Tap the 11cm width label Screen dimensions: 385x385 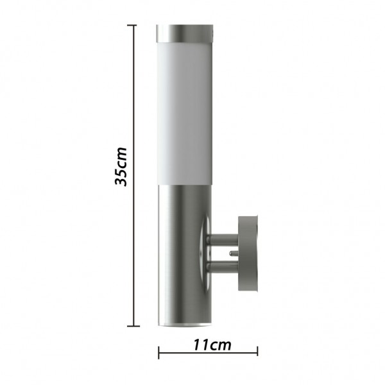pyautogui.click(x=212, y=345)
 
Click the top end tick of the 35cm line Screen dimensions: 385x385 pyautogui.click(x=133, y=26)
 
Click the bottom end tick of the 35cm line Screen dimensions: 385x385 pyautogui.click(x=133, y=326)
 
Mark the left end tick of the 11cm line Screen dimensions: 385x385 pyautogui.click(x=158, y=352)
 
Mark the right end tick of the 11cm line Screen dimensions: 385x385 pyautogui.click(x=257, y=352)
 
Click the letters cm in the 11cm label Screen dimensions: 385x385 pyautogui.click(x=220, y=345)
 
